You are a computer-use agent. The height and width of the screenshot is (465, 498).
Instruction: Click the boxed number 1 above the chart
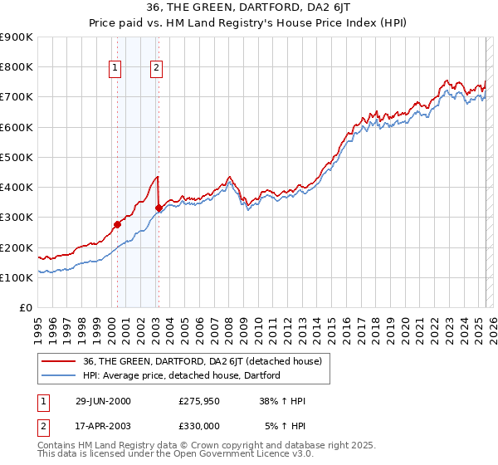(x=115, y=69)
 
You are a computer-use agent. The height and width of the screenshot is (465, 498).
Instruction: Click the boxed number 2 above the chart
(x=156, y=69)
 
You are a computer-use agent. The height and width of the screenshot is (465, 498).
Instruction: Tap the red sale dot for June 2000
(x=117, y=224)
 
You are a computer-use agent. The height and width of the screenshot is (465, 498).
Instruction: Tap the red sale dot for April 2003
(x=159, y=208)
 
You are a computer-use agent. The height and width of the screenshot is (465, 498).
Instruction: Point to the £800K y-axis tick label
(x=17, y=67)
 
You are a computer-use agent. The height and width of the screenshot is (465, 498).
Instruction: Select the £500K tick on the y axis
(x=17, y=157)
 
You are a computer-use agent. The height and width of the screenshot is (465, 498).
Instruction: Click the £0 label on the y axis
(x=26, y=307)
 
